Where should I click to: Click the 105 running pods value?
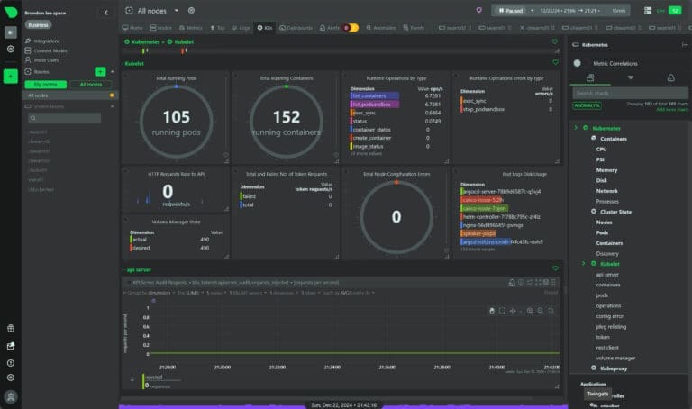click(x=176, y=116)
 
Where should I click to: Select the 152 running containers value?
click(x=286, y=116)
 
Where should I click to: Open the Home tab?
click(x=134, y=28)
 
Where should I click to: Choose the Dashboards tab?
click(x=297, y=28)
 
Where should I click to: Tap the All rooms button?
click(x=91, y=84)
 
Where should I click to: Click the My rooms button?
click(x=44, y=84)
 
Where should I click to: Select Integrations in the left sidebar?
click(x=47, y=41)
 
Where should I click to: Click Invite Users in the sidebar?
click(x=46, y=59)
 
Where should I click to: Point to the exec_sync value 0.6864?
click(x=433, y=112)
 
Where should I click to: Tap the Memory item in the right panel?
click(x=606, y=169)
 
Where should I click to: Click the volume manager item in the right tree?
click(x=615, y=358)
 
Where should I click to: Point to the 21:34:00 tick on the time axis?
click(x=332, y=368)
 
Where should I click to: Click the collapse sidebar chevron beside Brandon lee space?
click(x=105, y=13)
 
